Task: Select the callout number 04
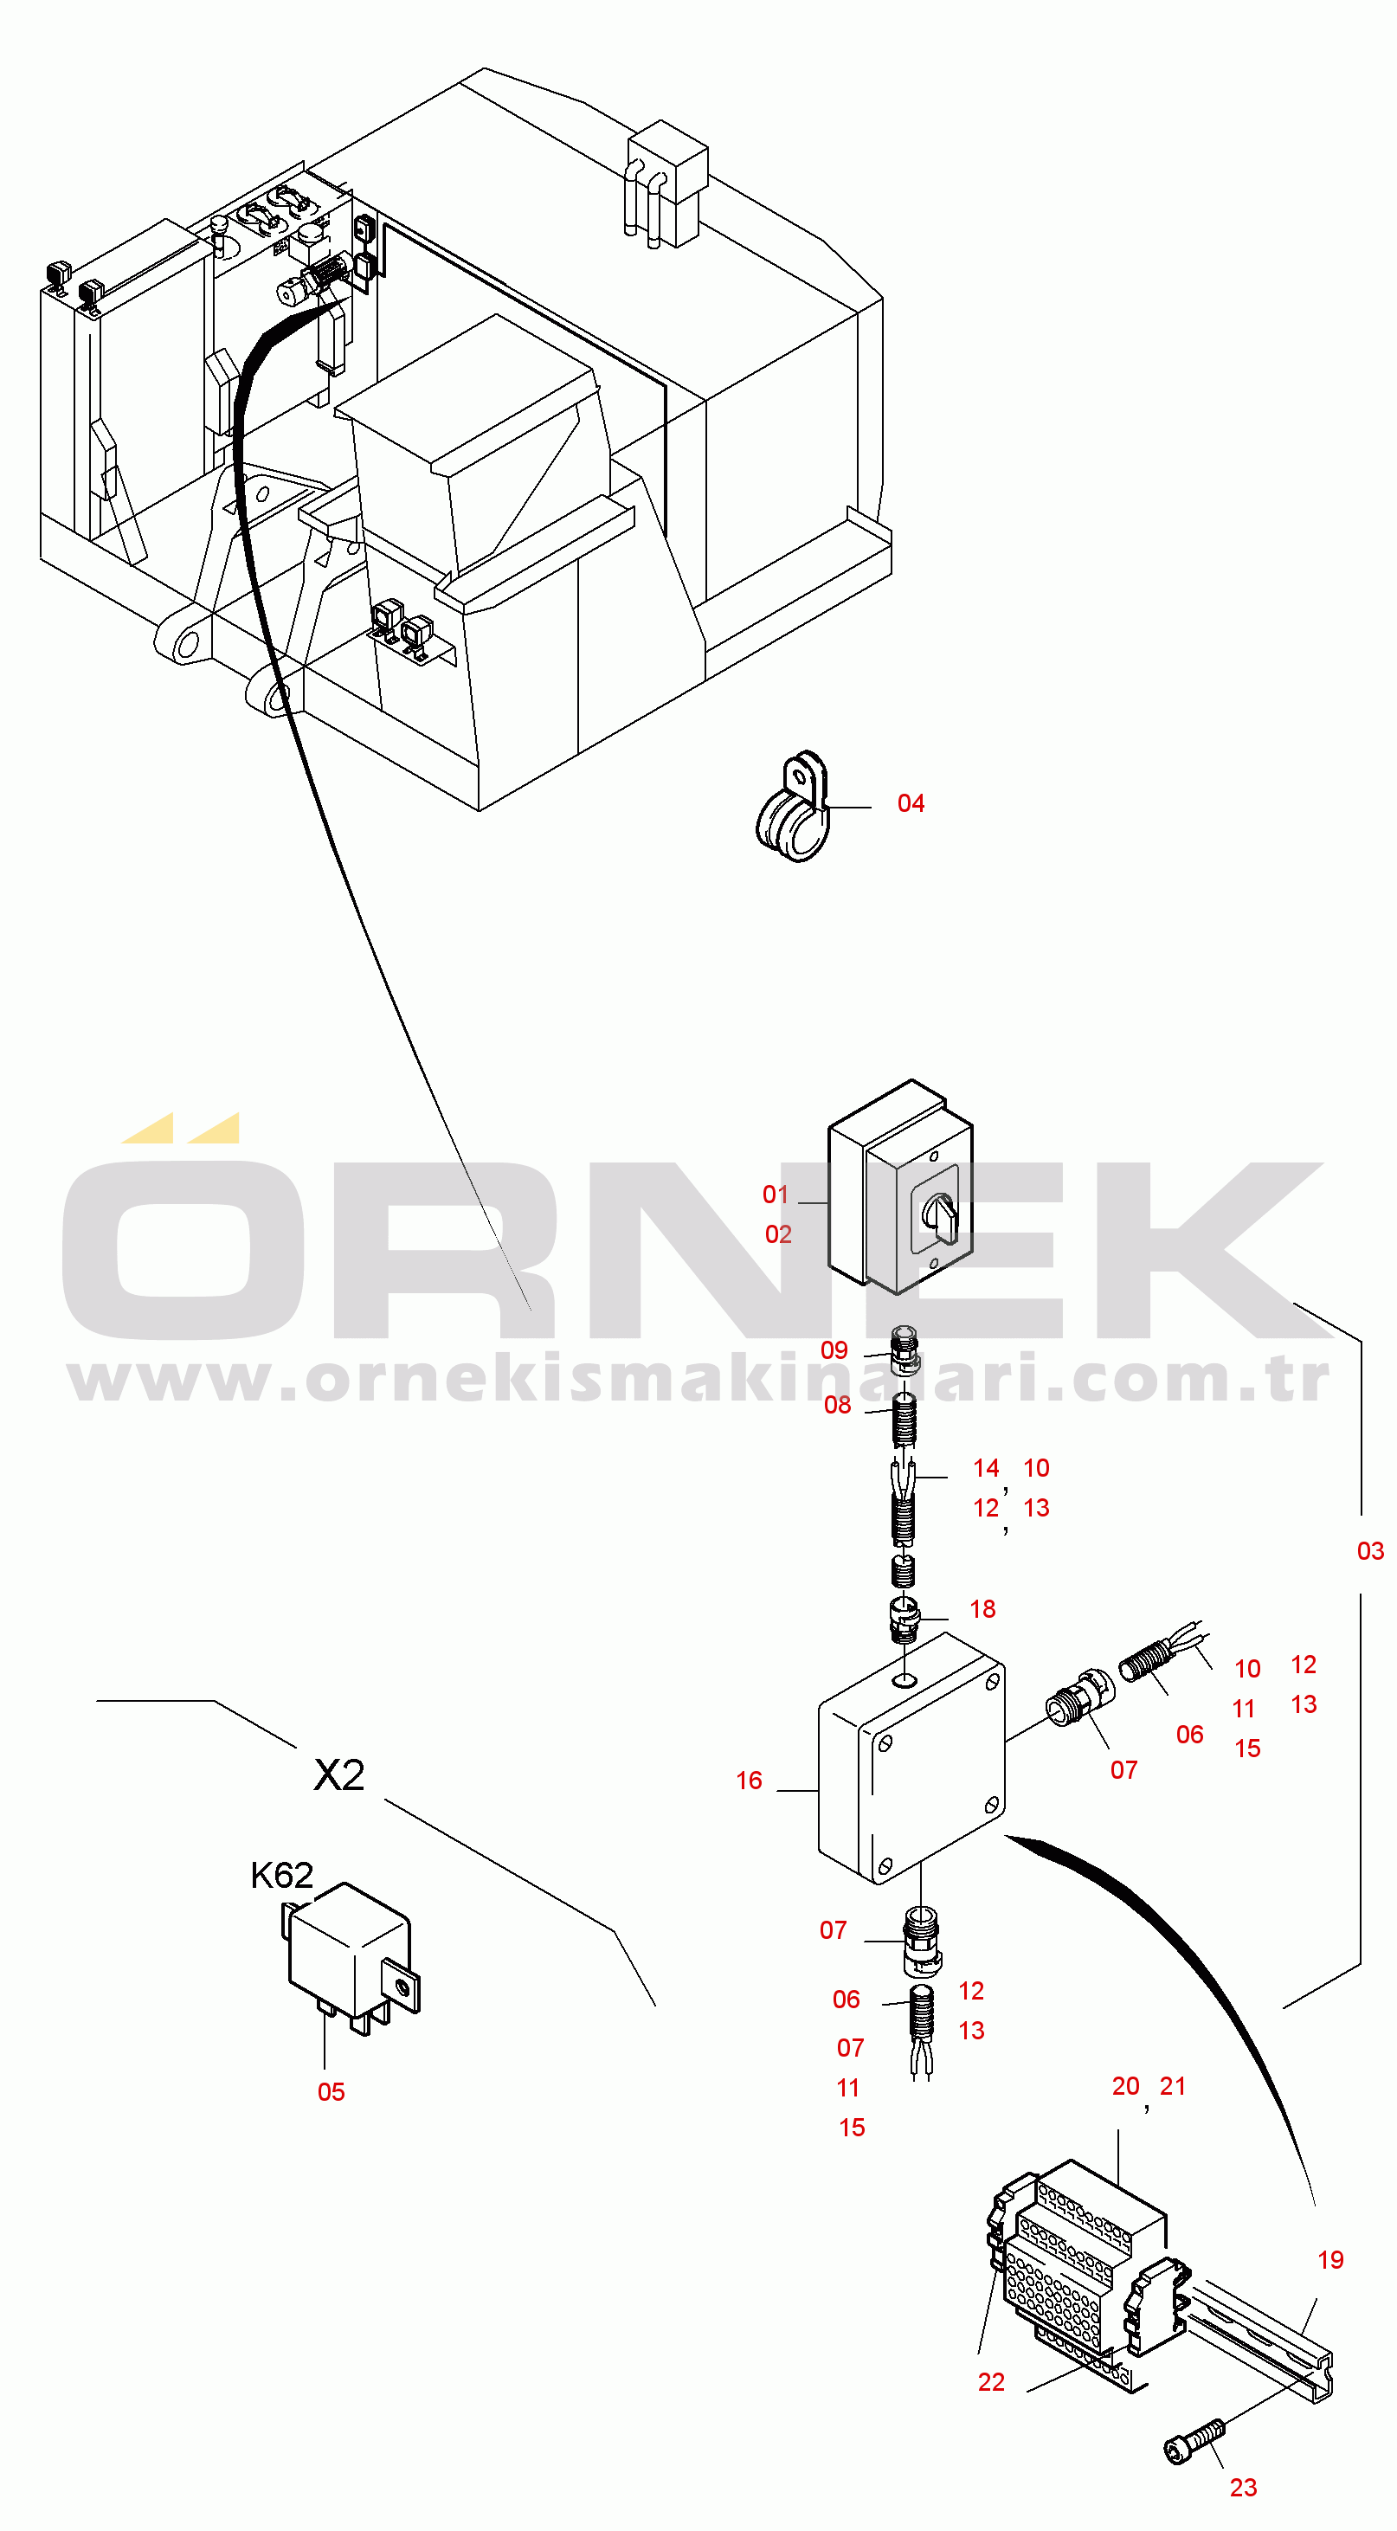tap(911, 804)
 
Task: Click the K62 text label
tap(282, 1876)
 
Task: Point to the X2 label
tap(339, 1775)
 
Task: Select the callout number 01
tap(776, 1195)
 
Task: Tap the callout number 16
tap(749, 1781)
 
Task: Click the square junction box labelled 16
tap(911, 1759)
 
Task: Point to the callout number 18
tap(982, 1608)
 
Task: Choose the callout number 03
tap(1370, 1550)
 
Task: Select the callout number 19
tap(1330, 2260)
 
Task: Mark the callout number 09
tap(834, 1350)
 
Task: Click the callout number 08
tap(837, 1405)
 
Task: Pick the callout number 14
tap(987, 1468)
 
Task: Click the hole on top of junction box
tap(905, 1680)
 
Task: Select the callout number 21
tap(1173, 2086)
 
